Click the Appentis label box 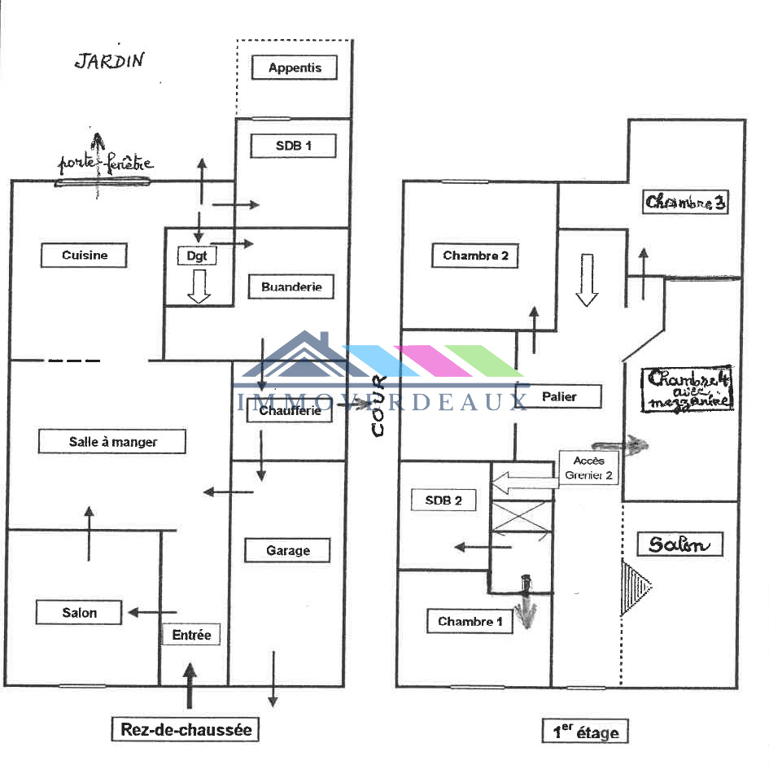tap(295, 68)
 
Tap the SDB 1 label tap(292, 146)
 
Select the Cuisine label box tap(85, 256)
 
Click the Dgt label tap(196, 256)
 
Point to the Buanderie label tap(291, 286)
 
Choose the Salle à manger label tap(112, 442)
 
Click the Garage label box tap(288, 551)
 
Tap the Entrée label tap(191, 635)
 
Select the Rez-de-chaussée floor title tap(186, 729)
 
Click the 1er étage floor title tap(585, 732)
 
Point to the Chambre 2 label tap(475, 256)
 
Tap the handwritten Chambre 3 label tap(684, 203)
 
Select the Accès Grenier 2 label tap(588, 468)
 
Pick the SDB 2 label tap(443, 501)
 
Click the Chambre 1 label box tap(470, 622)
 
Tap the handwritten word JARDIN tap(109, 61)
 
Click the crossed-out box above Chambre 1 tap(521, 515)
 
